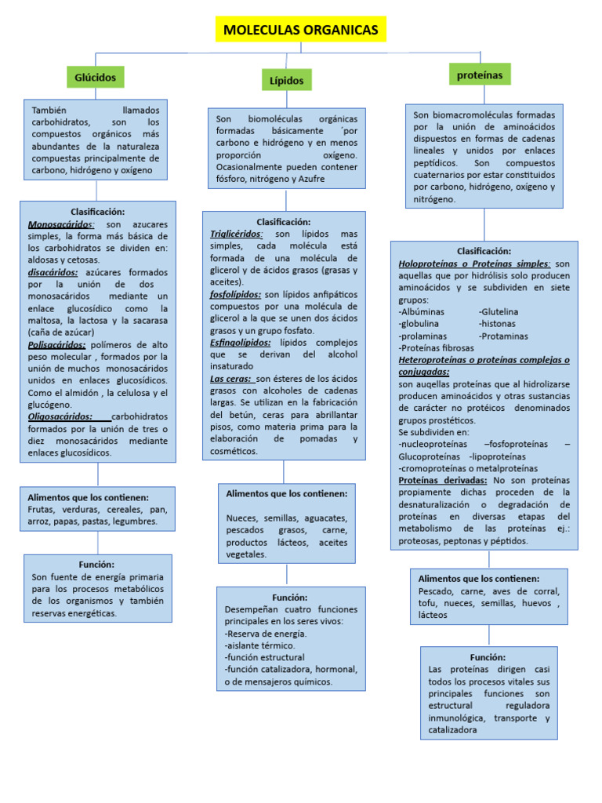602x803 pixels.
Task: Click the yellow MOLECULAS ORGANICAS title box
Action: tap(300, 30)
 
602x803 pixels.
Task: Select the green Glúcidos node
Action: tap(96, 77)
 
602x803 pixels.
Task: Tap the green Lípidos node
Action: tap(286, 80)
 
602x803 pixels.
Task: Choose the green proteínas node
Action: tap(480, 74)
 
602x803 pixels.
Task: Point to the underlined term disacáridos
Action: tap(53, 272)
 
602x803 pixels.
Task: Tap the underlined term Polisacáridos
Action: tap(56, 344)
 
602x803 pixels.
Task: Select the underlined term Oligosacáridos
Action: tap(60, 416)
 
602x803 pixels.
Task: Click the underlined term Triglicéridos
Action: tap(236, 234)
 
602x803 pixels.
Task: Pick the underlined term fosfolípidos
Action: tap(235, 294)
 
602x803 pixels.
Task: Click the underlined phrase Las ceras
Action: tap(230, 378)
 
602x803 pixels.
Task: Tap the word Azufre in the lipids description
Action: tap(306, 179)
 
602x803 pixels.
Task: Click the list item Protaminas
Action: tap(504, 336)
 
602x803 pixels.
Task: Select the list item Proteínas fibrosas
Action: tap(437, 347)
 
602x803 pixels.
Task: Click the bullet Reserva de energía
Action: tap(267, 634)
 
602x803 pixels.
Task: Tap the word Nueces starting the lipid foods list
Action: tap(241, 518)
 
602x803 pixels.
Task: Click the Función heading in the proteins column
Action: tap(488, 657)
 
